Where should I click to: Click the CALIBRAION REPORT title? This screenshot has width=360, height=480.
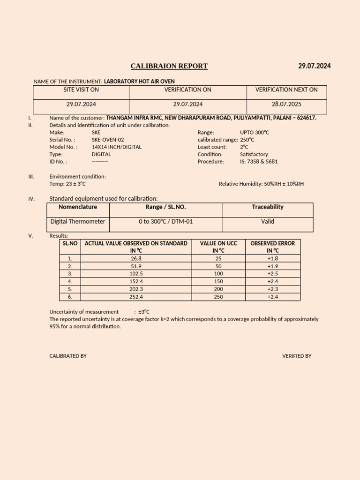(169, 66)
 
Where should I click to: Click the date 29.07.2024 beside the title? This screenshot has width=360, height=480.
(314, 66)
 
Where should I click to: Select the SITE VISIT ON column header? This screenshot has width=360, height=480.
(81, 90)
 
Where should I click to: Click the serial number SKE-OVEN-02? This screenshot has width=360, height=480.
(108, 140)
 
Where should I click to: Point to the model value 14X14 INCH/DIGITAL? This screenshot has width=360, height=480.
(116, 147)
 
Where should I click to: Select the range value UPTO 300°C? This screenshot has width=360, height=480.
(255, 133)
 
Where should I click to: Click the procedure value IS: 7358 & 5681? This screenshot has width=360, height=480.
(259, 161)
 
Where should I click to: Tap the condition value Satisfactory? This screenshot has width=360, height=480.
(254, 154)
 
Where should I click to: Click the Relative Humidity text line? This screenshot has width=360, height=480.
(261, 184)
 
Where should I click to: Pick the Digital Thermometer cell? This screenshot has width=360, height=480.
(78, 221)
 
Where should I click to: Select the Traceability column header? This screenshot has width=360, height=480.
(268, 207)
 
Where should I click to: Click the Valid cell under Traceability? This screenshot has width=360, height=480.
(268, 221)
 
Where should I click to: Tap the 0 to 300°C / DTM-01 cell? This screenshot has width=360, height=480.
(166, 221)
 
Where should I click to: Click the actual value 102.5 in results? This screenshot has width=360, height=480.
(136, 273)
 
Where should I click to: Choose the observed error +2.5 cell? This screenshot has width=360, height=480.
(273, 273)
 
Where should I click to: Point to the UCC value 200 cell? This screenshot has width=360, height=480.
(218, 289)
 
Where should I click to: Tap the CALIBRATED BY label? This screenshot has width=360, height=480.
(68, 356)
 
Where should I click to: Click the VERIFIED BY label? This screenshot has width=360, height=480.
(297, 356)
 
